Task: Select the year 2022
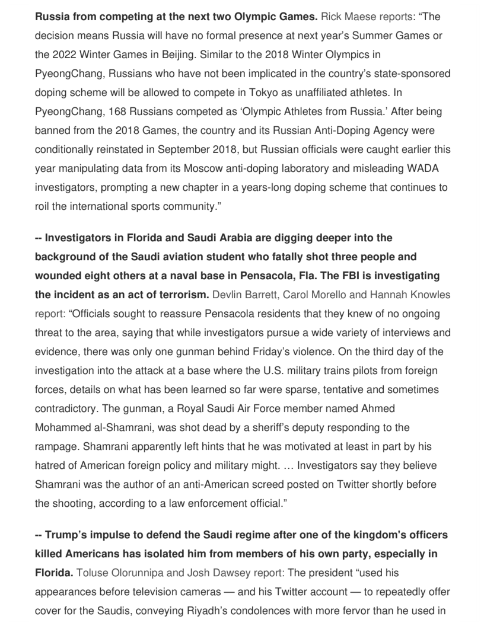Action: tap(65, 55)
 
